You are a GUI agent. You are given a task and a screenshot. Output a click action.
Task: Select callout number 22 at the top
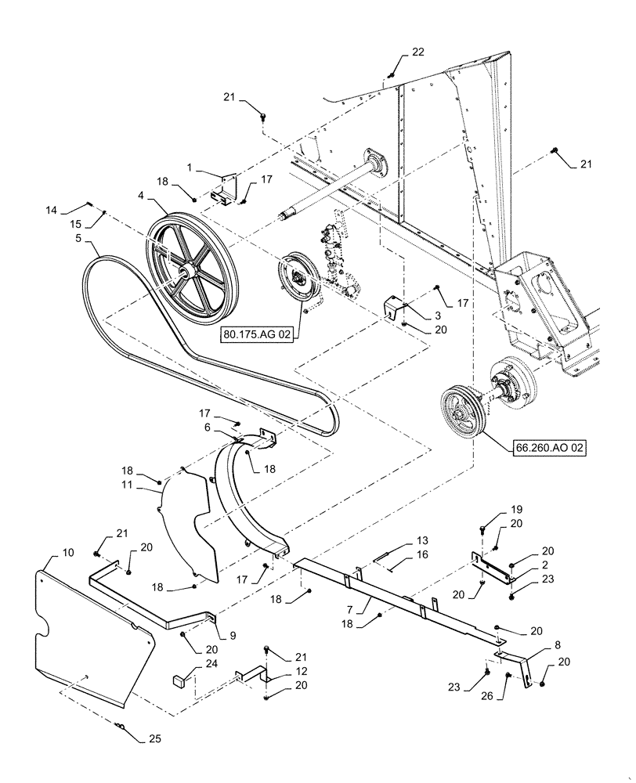[x=417, y=52]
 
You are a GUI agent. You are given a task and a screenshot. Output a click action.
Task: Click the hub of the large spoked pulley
[x=186, y=272]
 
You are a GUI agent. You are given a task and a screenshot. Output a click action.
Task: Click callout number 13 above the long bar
[x=423, y=540]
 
